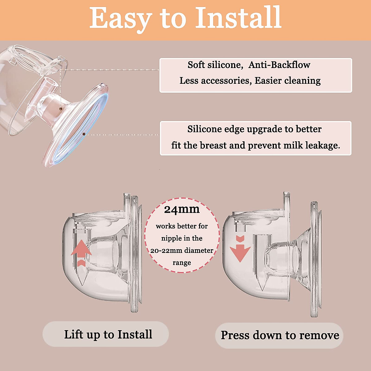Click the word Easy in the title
pyautogui.click(x=120, y=19)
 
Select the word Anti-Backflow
pyautogui.click(x=279, y=65)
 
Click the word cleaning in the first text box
pyautogui.click(x=302, y=81)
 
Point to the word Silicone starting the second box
pyautogui.click(x=204, y=129)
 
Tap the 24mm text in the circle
pyautogui.click(x=182, y=210)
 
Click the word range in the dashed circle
pyautogui.click(x=182, y=263)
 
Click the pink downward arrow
pyautogui.click(x=240, y=249)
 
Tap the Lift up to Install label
pyautogui.click(x=108, y=335)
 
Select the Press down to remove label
pyautogui.click(x=280, y=335)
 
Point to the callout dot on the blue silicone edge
pyautogui.click(x=84, y=134)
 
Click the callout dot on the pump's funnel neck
pyautogui.click(x=61, y=109)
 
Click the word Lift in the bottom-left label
pyautogui.click(x=73, y=335)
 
